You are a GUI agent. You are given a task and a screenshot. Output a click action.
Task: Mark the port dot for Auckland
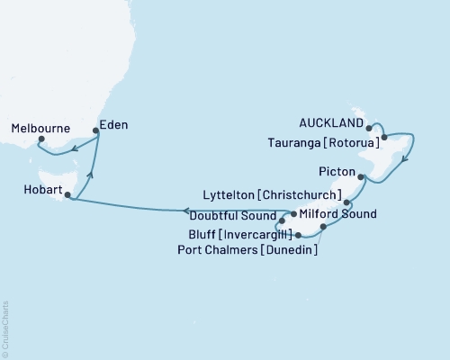point(370,129)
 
